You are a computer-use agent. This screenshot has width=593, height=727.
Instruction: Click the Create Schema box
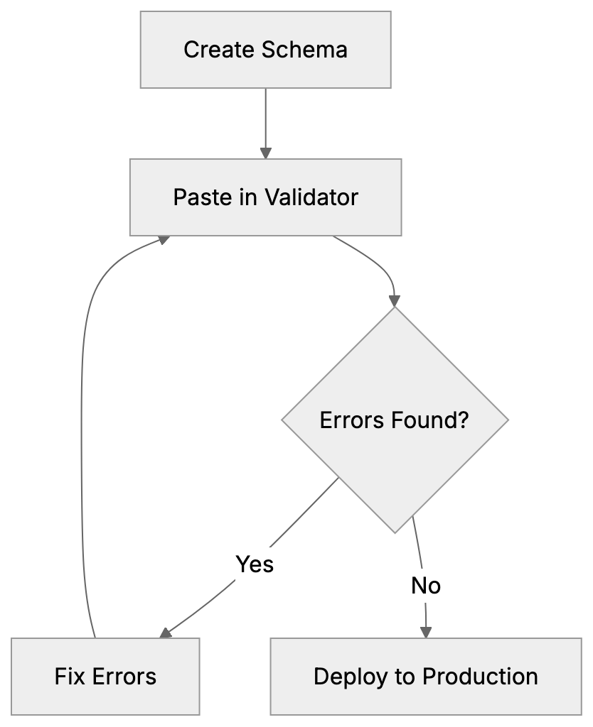point(265,50)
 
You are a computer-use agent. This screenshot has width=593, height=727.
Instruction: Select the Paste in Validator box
point(265,197)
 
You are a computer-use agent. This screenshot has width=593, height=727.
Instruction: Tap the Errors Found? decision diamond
point(395,420)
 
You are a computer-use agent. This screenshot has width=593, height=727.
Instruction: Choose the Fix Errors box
point(105,676)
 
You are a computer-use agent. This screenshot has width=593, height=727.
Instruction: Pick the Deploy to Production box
point(425,676)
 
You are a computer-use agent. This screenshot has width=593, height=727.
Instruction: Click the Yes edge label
point(255,564)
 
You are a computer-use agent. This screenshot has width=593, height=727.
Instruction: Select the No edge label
point(426,586)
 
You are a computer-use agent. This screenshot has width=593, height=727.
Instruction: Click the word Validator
point(311,197)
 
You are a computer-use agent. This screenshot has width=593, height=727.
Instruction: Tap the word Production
point(481,676)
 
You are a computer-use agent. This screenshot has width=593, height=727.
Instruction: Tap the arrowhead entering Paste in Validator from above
point(265,153)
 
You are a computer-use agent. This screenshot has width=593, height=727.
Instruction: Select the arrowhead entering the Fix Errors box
point(165,633)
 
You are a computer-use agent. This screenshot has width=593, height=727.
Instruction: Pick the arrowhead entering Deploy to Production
point(426,631)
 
